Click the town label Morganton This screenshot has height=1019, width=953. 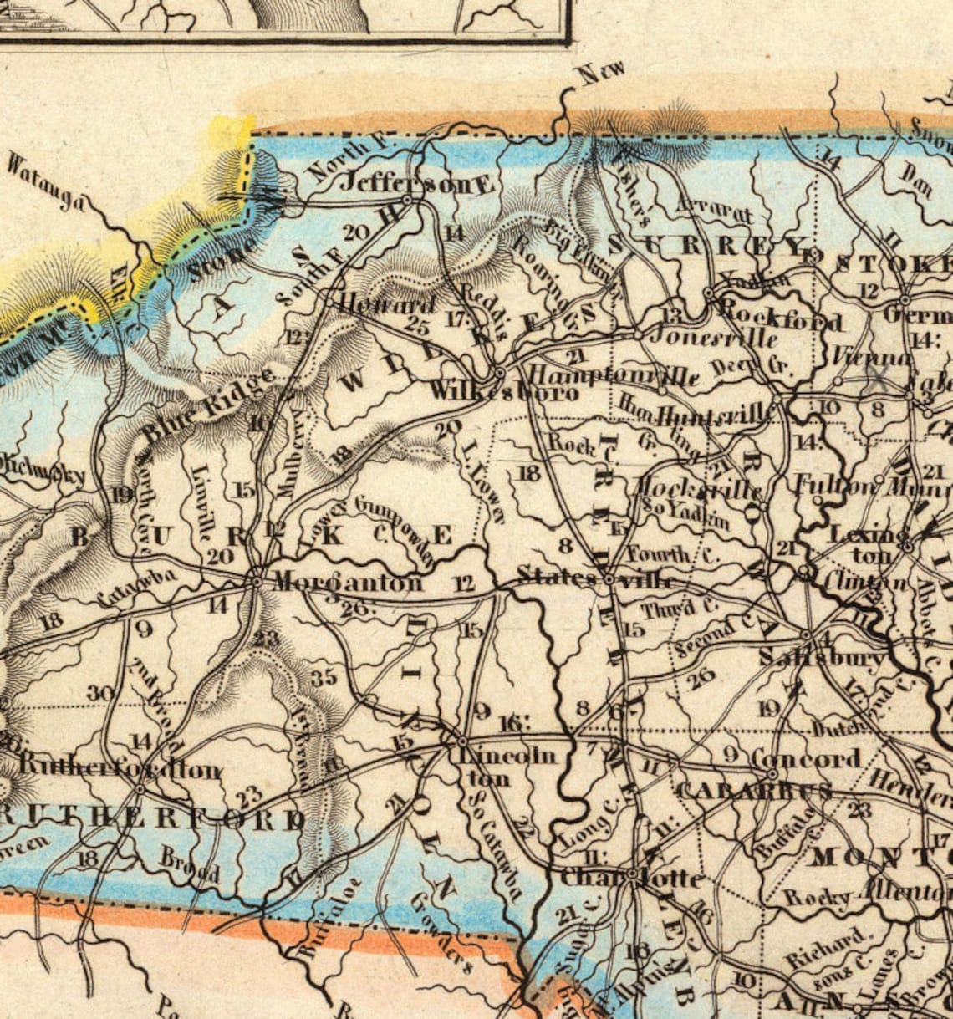(348, 582)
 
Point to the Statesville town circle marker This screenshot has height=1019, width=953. (609, 578)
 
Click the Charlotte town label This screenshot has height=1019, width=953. (630, 878)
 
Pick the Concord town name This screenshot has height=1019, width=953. (805, 759)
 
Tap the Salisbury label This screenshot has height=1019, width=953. (822, 659)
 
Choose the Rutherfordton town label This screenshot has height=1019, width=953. (120, 767)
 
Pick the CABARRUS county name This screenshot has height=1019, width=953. (752, 791)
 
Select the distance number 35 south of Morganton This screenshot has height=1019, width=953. (324, 677)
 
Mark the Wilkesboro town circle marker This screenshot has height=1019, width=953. (499, 371)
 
